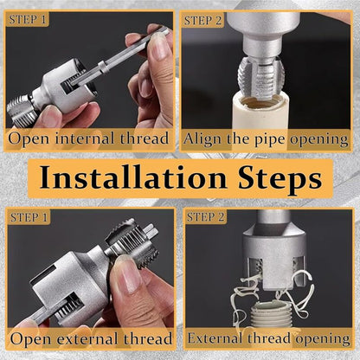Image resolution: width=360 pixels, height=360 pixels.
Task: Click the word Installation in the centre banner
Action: click(133, 177)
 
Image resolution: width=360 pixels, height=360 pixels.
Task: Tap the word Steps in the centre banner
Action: click(280, 179)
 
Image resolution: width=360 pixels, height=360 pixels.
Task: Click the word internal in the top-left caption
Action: click(85, 138)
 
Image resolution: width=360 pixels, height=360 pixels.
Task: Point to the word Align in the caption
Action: click(203, 139)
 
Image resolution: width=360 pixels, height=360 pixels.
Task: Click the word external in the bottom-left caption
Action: click(87, 338)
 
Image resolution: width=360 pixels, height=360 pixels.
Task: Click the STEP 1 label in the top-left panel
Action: click(28, 20)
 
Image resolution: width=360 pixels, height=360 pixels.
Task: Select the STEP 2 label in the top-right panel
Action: click(202, 21)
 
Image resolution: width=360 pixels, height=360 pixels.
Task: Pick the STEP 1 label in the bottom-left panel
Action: click(29, 217)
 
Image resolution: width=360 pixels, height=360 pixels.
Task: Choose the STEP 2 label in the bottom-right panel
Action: click(205, 217)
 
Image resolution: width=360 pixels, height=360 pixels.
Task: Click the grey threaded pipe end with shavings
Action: click(270, 314)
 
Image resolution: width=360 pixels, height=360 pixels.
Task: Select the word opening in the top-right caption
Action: click(319, 140)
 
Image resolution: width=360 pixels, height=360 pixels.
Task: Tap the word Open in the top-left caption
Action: click(29, 138)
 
